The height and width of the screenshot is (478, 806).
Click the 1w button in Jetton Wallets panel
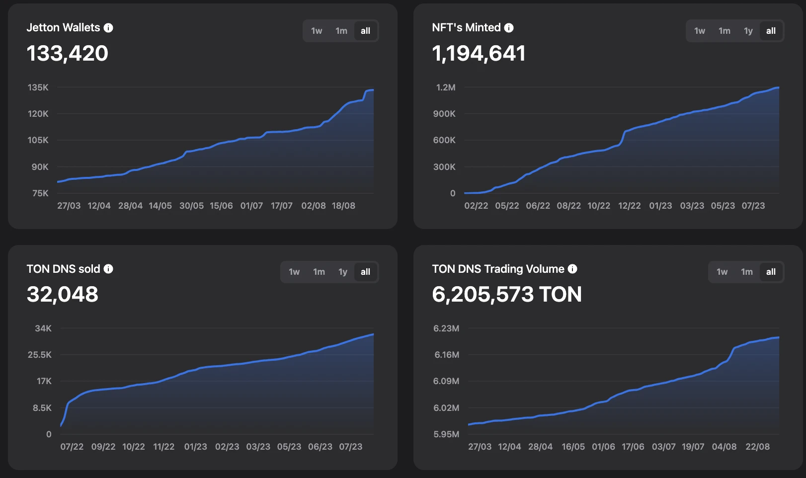(x=317, y=31)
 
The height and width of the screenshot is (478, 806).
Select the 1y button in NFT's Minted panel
(x=748, y=31)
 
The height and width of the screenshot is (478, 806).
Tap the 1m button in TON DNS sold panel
(x=319, y=272)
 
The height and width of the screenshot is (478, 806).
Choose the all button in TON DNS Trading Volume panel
(x=771, y=272)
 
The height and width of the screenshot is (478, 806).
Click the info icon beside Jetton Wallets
(x=108, y=28)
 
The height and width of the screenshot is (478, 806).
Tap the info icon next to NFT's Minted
(x=509, y=28)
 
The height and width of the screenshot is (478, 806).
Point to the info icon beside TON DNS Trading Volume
(x=572, y=269)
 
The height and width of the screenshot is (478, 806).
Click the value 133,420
(x=67, y=53)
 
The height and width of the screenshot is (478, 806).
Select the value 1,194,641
(x=479, y=53)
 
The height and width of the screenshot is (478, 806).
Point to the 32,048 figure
(x=63, y=294)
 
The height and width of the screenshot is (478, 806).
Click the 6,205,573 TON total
(x=507, y=294)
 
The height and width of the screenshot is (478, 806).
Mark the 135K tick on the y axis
(x=38, y=87)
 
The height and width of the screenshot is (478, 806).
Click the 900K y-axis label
(x=444, y=114)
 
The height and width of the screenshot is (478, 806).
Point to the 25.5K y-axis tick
(x=40, y=355)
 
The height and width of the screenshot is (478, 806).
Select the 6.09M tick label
(x=446, y=381)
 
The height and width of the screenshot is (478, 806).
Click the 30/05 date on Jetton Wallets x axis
(x=191, y=206)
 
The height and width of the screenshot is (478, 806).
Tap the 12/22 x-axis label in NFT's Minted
(x=629, y=206)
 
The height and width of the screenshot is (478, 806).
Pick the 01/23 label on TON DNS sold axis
(x=195, y=447)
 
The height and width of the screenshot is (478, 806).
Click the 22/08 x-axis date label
(x=757, y=447)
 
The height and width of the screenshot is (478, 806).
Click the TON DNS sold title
(x=64, y=269)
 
